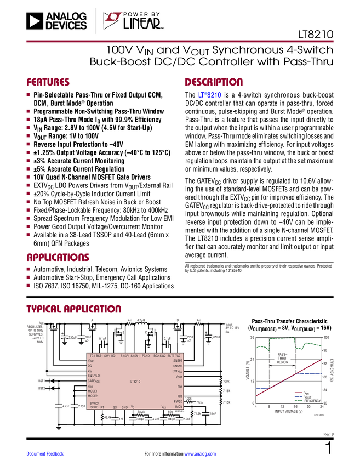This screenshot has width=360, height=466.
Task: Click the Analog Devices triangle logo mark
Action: (33, 21)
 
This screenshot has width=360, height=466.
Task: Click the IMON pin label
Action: (179, 406)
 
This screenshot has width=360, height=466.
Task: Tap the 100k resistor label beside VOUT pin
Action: (226, 380)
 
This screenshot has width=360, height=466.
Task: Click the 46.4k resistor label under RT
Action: (107, 418)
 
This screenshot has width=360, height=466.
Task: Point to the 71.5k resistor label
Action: (198, 414)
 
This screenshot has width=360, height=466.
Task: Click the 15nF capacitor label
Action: (213, 414)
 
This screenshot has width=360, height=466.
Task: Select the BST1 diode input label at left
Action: (41, 380)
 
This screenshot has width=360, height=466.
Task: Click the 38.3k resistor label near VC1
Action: (141, 411)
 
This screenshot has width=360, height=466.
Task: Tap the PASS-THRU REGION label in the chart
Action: (283, 359)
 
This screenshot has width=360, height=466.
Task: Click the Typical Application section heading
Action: (74, 308)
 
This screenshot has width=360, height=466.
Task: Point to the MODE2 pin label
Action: (93, 396)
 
